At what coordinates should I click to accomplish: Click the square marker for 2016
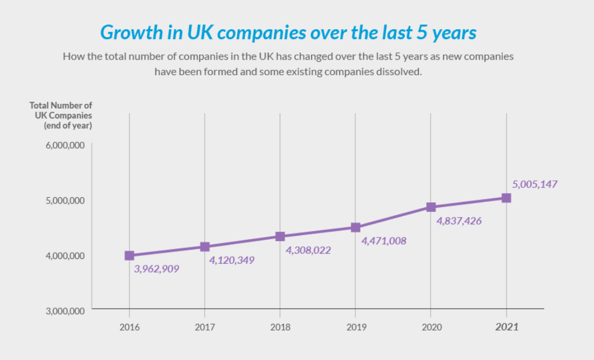130,256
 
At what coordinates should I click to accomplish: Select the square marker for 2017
205,247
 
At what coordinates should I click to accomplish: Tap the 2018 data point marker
280,236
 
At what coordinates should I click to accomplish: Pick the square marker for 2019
355,227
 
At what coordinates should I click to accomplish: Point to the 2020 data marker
431,207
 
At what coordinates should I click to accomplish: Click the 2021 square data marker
506,198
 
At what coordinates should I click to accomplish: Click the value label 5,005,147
534,184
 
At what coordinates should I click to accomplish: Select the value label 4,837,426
459,221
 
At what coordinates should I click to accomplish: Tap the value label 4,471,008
383,240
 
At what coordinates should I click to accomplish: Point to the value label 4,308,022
308,250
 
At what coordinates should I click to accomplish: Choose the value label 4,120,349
232,260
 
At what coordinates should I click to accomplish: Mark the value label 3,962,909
156,269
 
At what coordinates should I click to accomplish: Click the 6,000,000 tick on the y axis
65,145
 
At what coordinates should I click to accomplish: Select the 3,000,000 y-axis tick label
65,311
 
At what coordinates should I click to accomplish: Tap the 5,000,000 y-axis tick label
65,200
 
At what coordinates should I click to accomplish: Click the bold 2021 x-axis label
506,327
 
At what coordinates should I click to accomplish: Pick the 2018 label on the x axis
280,327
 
